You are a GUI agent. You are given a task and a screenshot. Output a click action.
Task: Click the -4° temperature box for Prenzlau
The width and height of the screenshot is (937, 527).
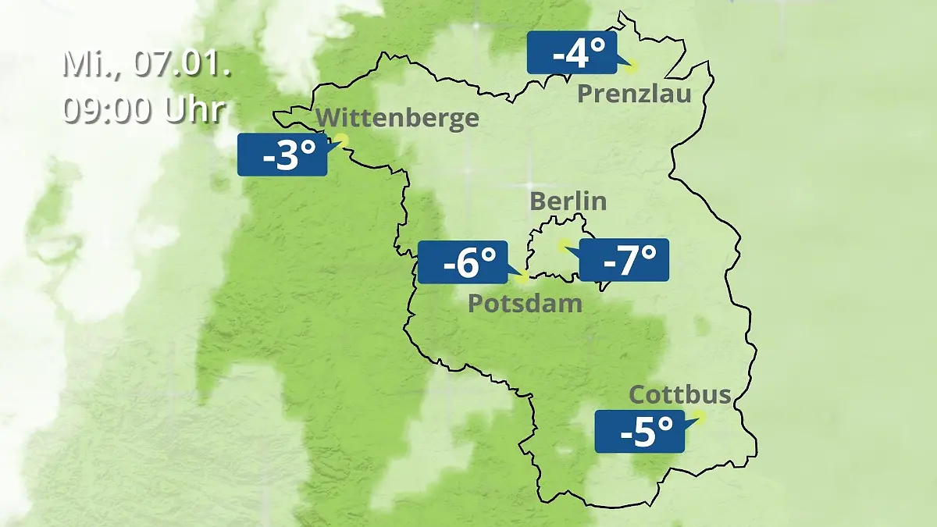tap(572, 53)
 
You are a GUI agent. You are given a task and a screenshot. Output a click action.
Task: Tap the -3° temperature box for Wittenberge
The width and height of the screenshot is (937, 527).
tap(282, 155)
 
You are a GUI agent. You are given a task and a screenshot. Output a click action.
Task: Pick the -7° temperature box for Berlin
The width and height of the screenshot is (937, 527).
tap(624, 260)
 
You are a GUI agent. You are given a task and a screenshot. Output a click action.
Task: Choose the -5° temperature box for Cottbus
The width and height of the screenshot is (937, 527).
tap(640, 431)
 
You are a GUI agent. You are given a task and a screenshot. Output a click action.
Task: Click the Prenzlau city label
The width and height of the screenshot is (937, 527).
tap(634, 94)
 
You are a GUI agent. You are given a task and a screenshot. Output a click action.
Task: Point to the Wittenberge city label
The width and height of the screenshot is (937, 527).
tap(397, 118)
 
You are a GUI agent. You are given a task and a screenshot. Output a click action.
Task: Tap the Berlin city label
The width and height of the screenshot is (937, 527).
tap(568, 201)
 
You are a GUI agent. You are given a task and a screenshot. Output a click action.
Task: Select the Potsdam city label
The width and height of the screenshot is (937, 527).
tap(525, 303)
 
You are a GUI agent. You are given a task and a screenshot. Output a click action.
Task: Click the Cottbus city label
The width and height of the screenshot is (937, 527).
tap(680, 394)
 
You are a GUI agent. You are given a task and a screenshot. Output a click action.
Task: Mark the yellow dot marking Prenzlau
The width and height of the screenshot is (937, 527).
tap(630, 67)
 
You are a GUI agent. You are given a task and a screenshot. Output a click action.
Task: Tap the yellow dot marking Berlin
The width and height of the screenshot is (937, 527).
tap(562, 245)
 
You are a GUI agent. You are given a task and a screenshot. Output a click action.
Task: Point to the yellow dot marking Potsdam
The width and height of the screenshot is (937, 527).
tap(522, 276)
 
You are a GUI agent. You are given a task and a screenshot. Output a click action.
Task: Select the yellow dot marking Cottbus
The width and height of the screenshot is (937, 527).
tap(699, 417)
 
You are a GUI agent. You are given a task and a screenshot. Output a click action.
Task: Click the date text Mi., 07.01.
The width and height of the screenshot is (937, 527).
tap(146, 64)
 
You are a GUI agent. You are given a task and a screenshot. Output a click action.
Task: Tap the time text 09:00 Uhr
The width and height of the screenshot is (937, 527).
tap(144, 110)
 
